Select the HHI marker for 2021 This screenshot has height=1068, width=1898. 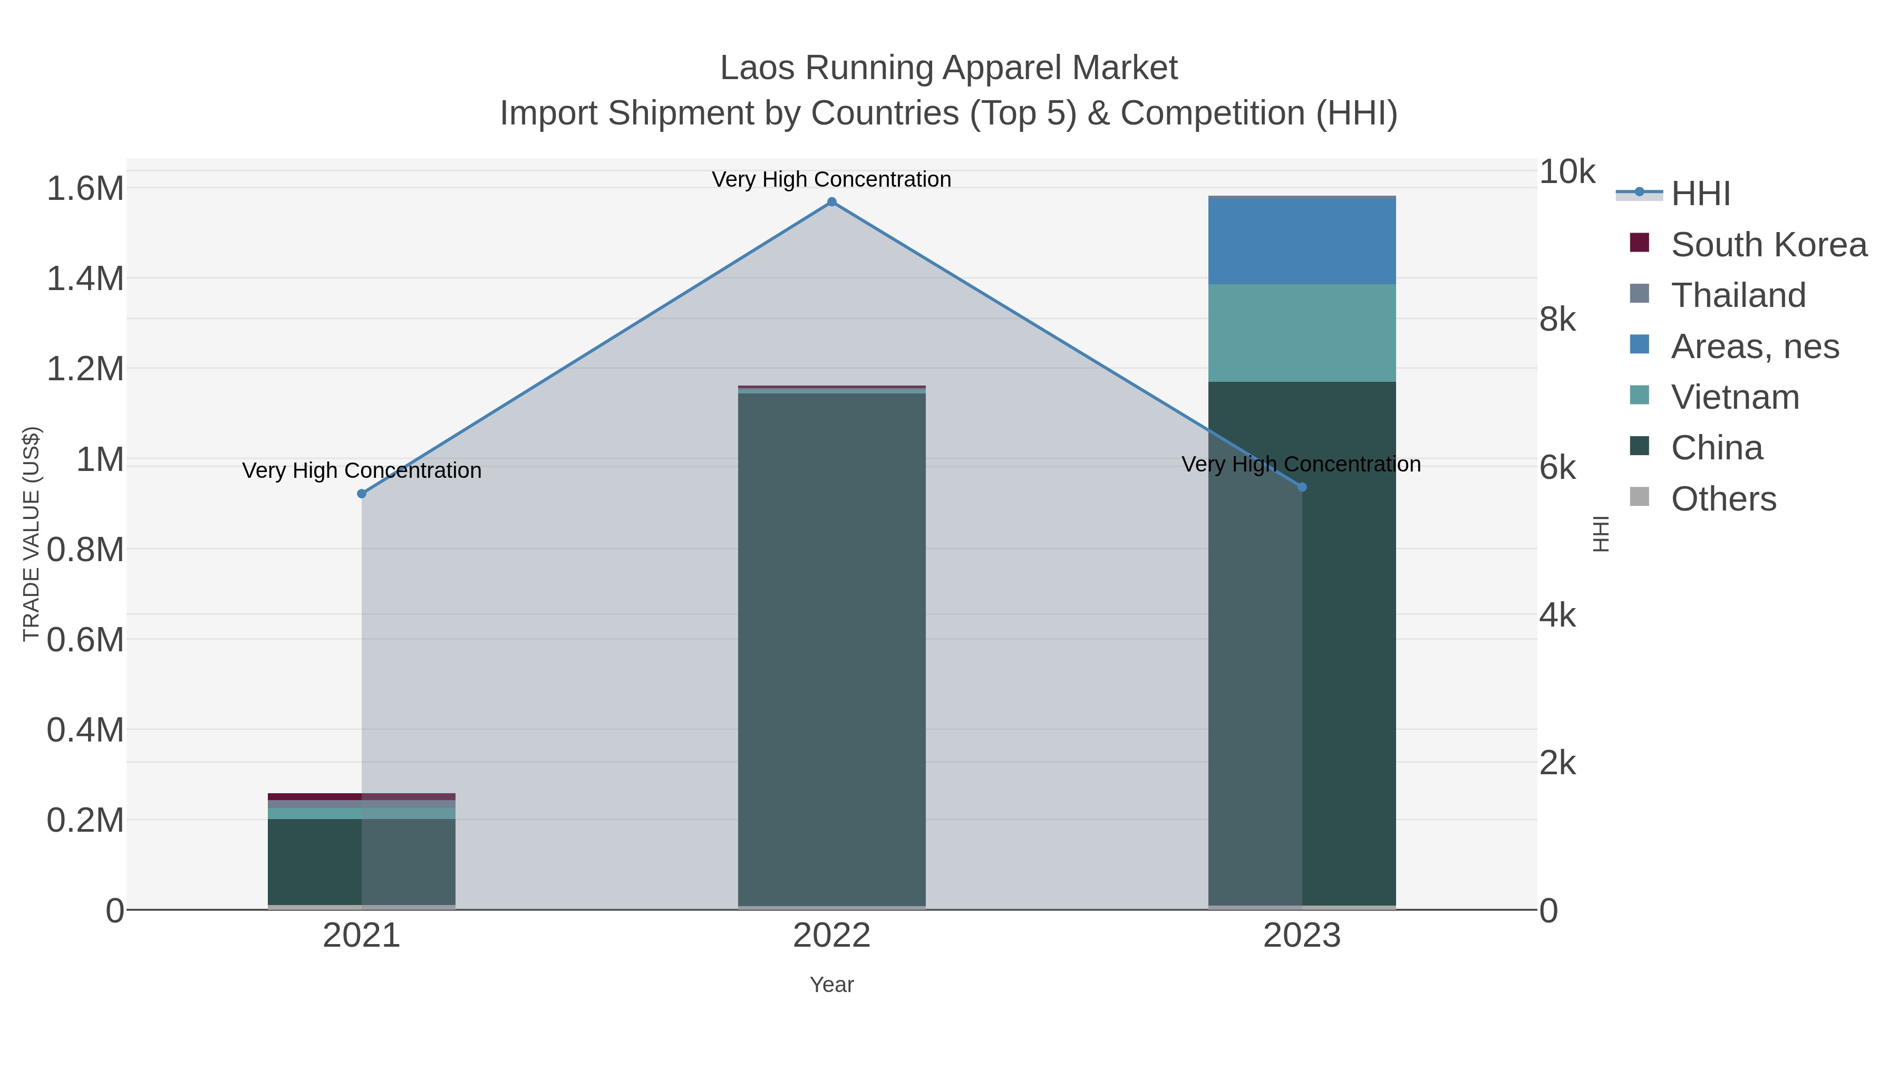(361, 494)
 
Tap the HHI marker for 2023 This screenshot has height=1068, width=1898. (1301, 487)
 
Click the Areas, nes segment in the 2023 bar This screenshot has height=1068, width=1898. (1301, 241)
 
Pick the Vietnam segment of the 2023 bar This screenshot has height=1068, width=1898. (1301, 333)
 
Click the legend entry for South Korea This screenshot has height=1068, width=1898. (1768, 245)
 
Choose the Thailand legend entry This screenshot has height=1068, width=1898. (1738, 295)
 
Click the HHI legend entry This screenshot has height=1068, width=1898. (1700, 194)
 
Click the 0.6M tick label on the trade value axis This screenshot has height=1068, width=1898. (85, 640)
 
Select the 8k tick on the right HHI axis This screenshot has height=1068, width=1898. (1557, 320)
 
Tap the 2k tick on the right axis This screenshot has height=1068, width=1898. (1557, 764)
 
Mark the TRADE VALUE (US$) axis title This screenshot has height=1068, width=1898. (32, 534)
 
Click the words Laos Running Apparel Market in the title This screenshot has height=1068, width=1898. (948, 68)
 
